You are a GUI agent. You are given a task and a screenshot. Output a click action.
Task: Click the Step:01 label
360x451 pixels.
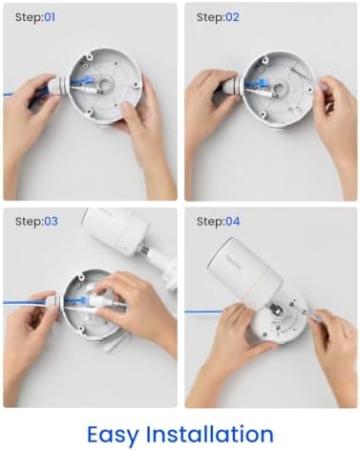point(35,17)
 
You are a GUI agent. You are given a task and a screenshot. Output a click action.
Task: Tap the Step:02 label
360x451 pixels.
point(218,17)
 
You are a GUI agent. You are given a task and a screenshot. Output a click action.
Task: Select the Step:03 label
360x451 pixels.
point(36,221)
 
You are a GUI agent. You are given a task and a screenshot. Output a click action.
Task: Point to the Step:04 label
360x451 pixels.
point(218,221)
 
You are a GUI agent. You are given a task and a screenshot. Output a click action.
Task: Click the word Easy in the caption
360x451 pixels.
point(114,435)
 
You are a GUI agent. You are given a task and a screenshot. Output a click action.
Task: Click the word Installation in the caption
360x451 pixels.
point(210,434)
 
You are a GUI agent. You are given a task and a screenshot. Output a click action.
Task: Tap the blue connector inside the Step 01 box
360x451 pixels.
point(83,80)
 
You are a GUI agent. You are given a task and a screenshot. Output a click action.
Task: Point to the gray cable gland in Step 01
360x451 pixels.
point(57,87)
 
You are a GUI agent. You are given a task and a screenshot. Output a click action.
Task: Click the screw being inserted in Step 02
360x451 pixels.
point(297,72)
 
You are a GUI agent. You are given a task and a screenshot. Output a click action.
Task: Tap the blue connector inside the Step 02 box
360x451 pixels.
point(258,82)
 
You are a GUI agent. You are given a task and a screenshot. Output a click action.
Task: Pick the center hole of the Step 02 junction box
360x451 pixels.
point(279,88)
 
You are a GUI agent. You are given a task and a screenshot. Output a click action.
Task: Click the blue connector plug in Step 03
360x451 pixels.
point(80,299)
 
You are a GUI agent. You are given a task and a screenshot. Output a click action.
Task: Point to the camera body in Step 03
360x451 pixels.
point(114,231)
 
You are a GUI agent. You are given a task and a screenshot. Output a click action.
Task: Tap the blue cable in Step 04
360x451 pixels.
point(203,311)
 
